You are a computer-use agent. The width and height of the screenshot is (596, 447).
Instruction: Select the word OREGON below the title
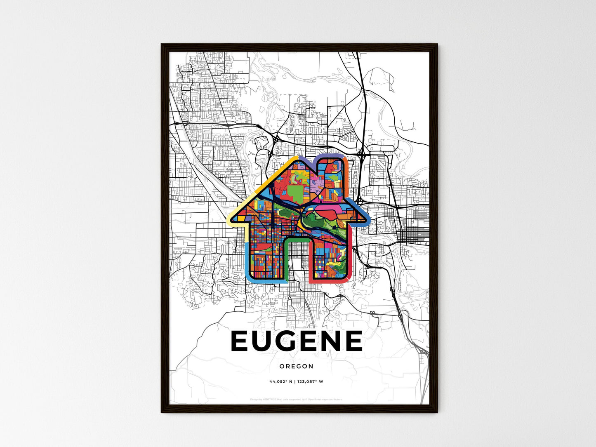pos(296,366)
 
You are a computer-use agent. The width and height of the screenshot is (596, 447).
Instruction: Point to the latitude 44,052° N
pos(280,381)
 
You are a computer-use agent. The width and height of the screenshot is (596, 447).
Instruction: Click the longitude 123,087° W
pos(310,381)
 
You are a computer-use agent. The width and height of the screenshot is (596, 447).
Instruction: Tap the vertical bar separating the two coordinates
pos(295,381)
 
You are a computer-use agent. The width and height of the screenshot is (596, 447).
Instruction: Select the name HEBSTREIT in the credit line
pos(269,399)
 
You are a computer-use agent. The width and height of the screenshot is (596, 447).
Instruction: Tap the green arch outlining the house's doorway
pos(297,239)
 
